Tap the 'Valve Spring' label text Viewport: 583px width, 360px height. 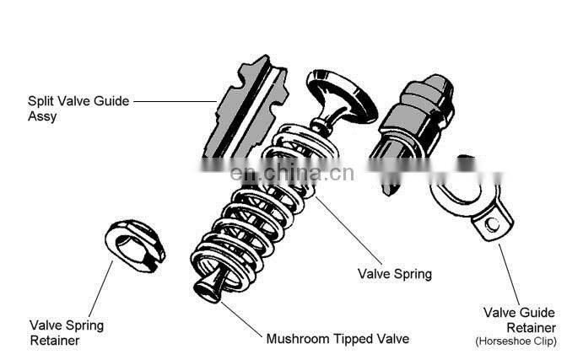394,274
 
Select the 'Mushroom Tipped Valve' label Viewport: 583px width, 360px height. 337,339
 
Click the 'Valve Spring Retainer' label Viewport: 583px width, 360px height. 67,331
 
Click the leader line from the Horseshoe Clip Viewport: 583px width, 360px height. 510,270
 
